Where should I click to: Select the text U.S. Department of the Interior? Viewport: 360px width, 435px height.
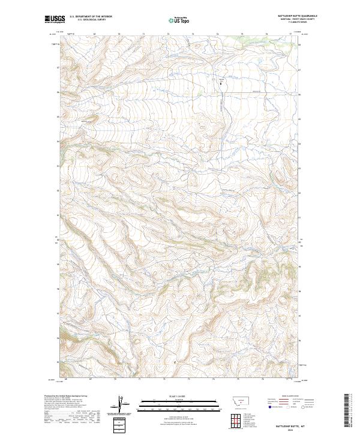(91, 16)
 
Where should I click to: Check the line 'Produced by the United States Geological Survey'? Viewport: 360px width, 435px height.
(60, 396)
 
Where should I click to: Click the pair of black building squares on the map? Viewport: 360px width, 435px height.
(220, 83)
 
